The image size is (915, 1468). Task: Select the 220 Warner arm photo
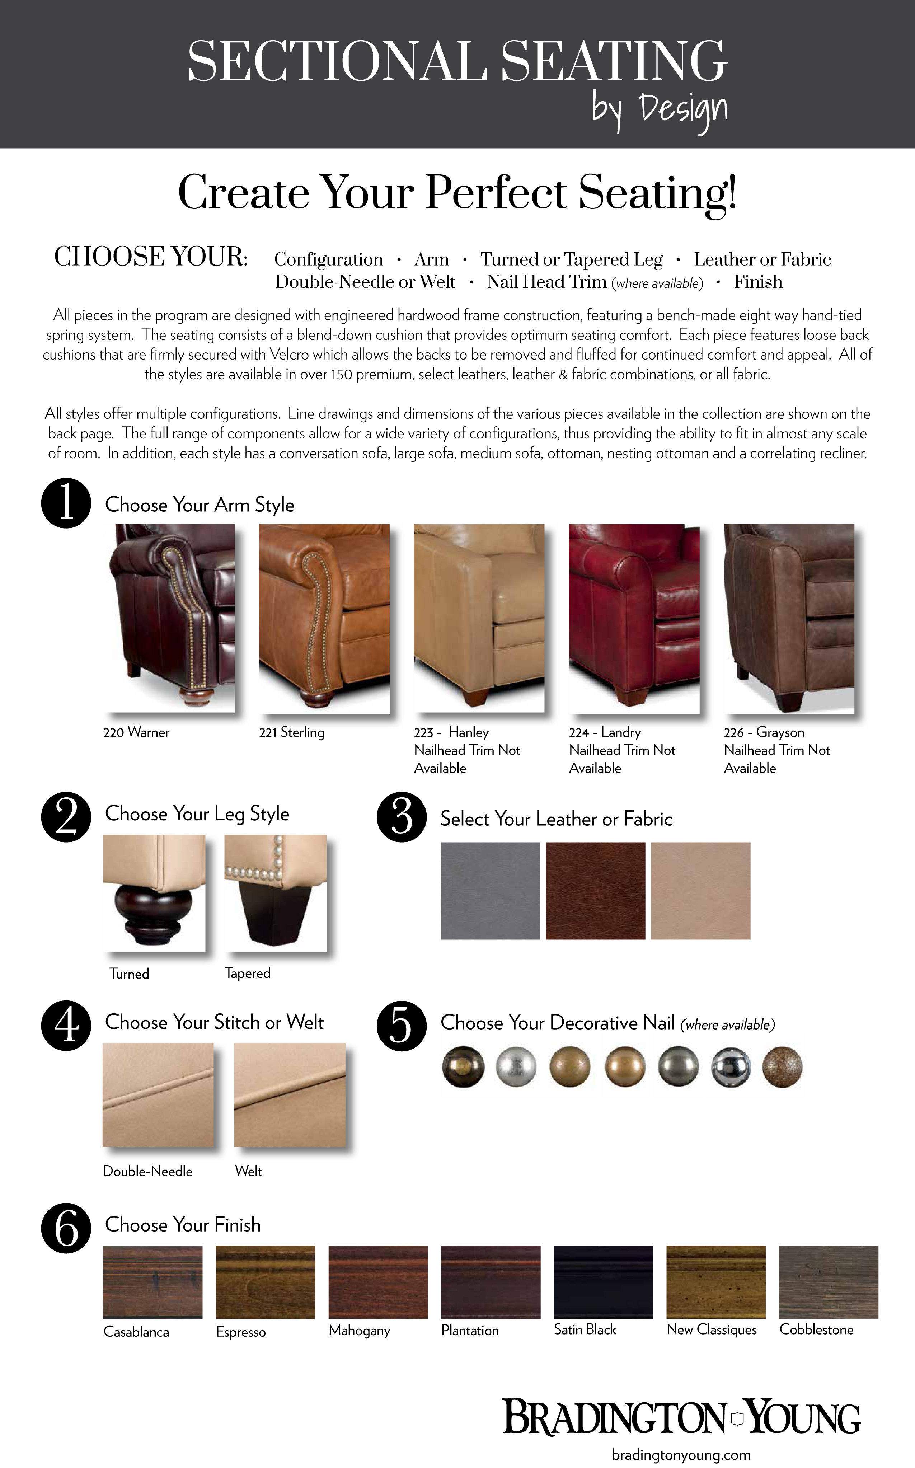click(x=169, y=618)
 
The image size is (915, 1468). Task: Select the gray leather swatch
click(x=490, y=891)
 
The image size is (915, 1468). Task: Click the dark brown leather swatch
click(x=596, y=891)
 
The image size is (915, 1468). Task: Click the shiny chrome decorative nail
click(x=731, y=1067)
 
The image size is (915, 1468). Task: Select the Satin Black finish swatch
click(x=603, y=1282)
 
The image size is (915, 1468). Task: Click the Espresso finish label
click(x=241, y=1332)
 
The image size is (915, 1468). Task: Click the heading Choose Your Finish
click(x=183, y=1225)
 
